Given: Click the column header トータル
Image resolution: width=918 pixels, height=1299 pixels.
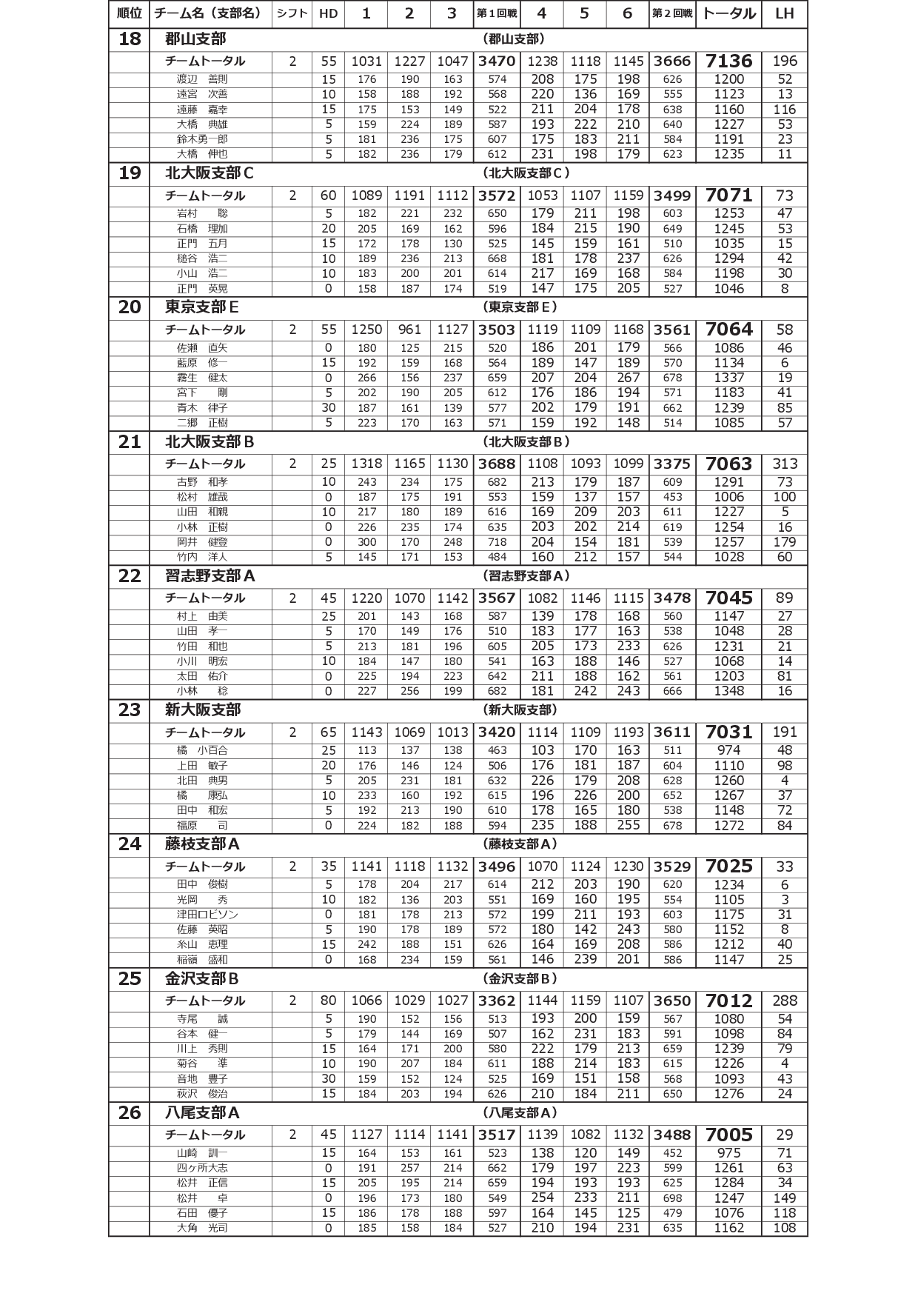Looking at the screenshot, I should coord(728,13).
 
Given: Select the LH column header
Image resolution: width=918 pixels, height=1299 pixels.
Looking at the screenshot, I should coord(784,13).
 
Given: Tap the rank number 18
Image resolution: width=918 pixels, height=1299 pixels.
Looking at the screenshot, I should coord(130,39).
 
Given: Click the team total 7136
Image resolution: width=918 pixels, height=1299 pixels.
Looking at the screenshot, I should coord(728,61).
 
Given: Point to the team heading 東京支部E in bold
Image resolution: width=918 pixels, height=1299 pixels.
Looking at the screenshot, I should coord(201,307).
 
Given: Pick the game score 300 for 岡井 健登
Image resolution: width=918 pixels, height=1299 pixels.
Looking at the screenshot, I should coord(366,542).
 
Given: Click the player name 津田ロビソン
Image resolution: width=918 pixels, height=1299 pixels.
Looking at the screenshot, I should coord(207,915).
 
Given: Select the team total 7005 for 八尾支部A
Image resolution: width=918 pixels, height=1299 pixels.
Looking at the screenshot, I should coord(728,1135).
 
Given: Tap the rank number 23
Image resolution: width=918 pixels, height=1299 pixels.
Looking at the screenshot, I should coord(130,710).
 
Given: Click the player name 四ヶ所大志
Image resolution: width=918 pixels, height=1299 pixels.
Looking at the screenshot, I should coord(202,1168).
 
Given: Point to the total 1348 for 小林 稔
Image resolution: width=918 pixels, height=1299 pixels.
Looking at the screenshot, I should coord(728,691).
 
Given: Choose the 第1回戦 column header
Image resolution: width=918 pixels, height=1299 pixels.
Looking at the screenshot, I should coord(497,13).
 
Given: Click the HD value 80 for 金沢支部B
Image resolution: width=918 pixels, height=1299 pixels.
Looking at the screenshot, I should coord(328,1001).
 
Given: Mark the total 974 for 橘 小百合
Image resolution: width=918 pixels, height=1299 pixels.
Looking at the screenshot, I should coord(728,750).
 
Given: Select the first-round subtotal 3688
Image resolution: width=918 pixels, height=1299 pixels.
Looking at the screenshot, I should coord(497,464).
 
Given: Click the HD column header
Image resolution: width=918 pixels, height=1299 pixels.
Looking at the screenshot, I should coord(328,13).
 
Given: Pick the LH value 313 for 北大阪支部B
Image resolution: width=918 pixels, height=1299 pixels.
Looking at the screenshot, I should coord(784,464).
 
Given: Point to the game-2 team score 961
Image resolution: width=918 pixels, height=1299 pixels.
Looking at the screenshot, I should coord(409,330).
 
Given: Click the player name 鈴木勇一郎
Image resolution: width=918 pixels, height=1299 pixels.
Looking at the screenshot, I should coord(202,139).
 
